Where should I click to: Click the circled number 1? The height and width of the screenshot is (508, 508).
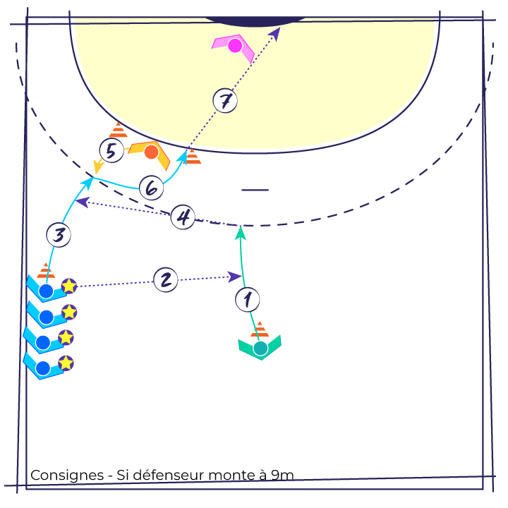(248, 300)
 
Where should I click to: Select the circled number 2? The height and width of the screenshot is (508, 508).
(166, 279)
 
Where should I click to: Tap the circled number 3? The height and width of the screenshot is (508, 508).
(59, 235)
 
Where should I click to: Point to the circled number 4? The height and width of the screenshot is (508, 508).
(183, 217)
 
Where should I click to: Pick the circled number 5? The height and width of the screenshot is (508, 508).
(111, 151)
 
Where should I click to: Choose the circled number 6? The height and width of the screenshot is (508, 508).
(151, 188)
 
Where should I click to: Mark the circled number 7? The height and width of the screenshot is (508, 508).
(225, 101)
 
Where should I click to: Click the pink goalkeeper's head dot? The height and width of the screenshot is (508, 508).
(235, 45)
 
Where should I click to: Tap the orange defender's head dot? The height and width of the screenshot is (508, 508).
(151, 152)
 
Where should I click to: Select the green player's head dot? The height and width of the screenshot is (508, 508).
(260, 349)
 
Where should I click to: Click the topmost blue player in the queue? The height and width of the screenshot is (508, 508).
(46, 290)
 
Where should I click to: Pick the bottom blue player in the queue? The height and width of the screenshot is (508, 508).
(43, 368)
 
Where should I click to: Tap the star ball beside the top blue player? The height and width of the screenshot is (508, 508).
(69, 286)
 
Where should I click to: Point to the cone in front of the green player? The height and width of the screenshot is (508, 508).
(260, 329)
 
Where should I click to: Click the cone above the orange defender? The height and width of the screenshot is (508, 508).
(119, 130)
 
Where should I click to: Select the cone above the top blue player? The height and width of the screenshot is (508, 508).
(46, 271)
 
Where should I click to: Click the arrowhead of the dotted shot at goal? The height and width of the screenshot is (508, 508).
(275, 33)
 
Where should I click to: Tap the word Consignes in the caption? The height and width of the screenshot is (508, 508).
(67, 476)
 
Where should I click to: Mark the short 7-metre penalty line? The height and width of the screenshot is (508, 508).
(255, 190)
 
